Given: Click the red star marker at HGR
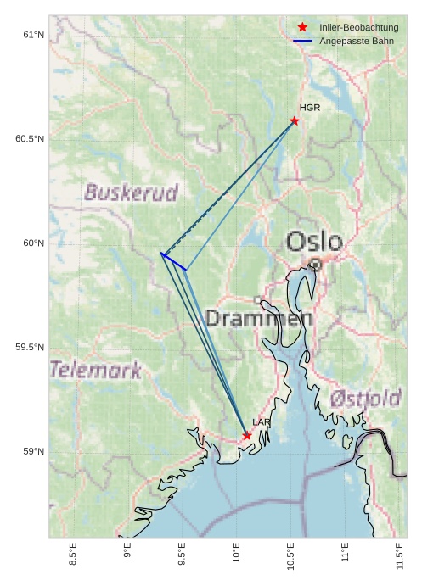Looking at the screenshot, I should (295, 120).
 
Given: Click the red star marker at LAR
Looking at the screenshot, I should (247, 436).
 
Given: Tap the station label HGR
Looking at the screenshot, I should (310, 108).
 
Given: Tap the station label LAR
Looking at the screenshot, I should (261, 422).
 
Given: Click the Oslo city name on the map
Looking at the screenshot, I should (314, 242).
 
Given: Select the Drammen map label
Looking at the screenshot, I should (259, 319).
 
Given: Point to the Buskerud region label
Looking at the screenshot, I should (132, 193).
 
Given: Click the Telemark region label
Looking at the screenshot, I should (96, 370).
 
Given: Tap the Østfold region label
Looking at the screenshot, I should (365, 399).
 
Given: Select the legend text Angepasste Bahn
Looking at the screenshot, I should (357, 41).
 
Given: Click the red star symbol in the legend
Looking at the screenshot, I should (302, 28).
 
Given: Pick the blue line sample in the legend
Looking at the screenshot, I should (302, 41).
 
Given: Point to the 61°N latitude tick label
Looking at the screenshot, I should (33, 35).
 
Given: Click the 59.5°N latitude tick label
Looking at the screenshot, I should (30, 348).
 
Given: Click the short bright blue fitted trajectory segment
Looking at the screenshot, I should (174, 261).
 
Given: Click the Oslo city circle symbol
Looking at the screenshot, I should (315, 265).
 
